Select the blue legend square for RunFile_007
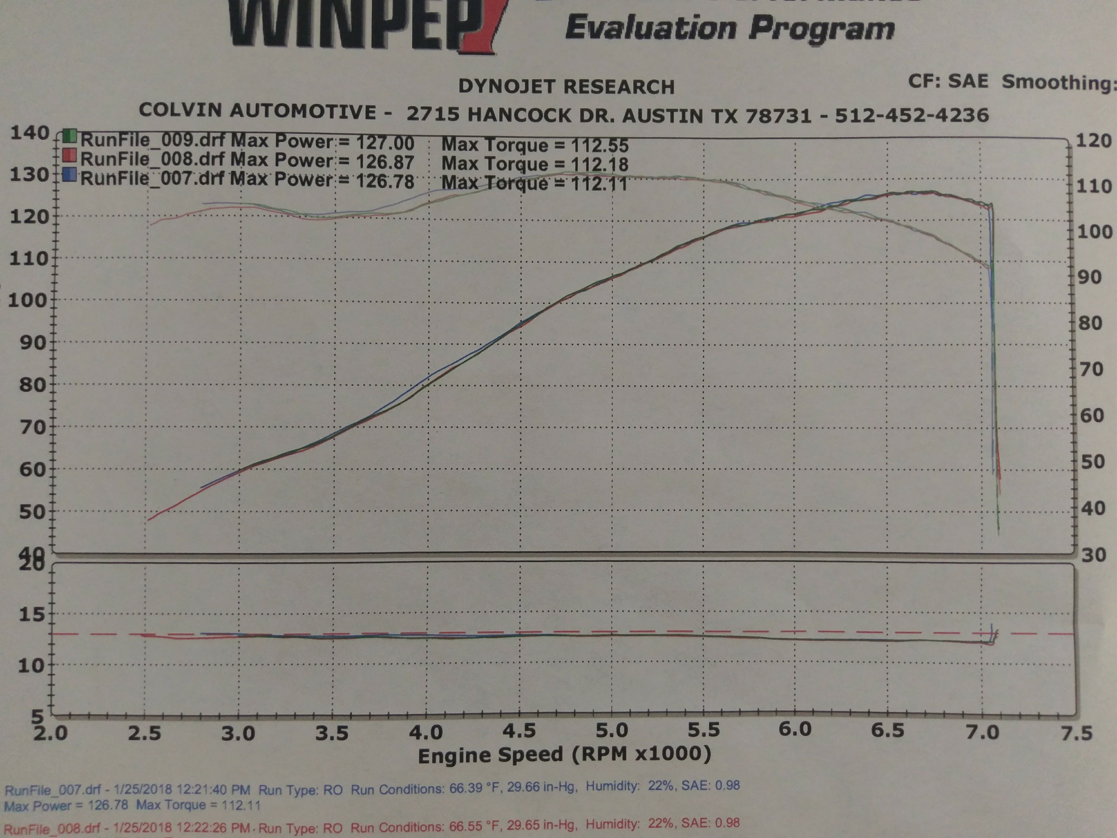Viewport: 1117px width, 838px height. (70, 175)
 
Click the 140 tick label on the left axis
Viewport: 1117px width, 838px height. (29, 133)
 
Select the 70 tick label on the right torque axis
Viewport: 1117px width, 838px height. (1091, 369)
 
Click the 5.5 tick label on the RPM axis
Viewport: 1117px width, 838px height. (703, 730)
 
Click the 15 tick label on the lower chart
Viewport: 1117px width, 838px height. (31, 615)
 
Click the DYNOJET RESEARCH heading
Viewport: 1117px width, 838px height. (566, 87)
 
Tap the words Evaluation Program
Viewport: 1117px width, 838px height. (730, 28)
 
